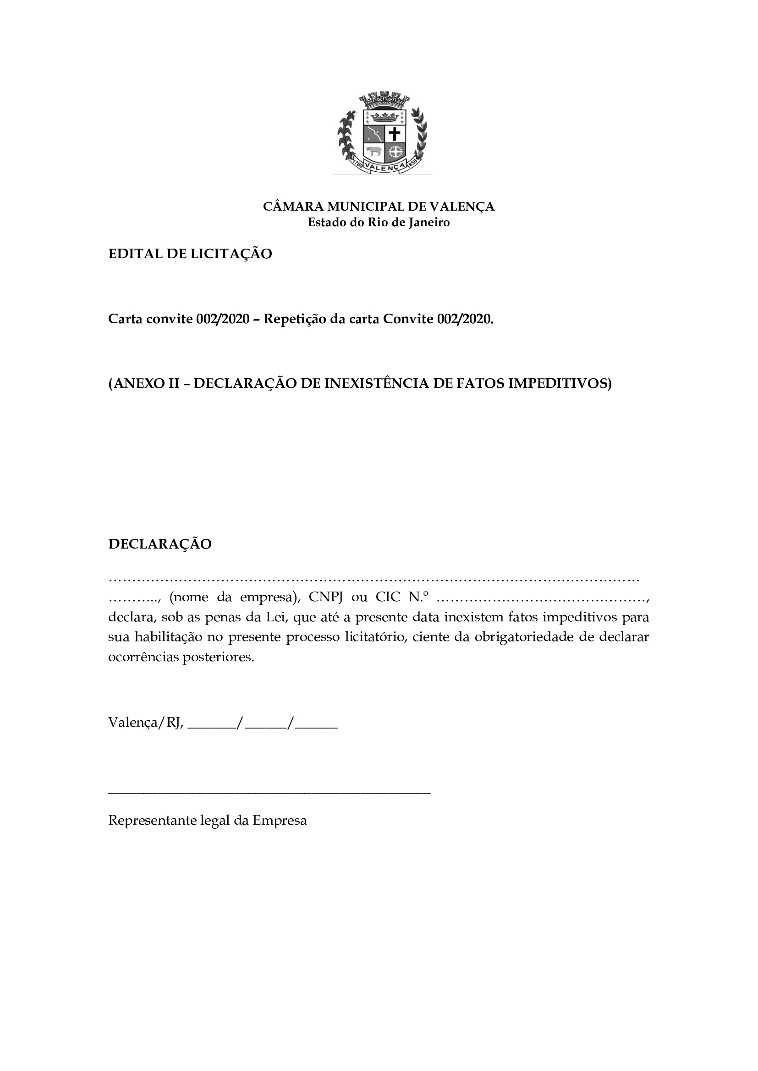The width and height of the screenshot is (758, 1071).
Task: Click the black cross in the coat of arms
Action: [395, 134]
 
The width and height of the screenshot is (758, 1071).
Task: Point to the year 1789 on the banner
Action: [358, 163]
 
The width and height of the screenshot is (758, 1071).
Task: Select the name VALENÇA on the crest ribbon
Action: [384, 167]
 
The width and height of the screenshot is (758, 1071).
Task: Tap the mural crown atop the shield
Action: [384, 99]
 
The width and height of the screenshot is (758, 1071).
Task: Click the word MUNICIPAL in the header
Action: [365, 206]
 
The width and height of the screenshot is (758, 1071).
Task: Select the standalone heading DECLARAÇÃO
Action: [159, 544]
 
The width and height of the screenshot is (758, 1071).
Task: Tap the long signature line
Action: [269, 792]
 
